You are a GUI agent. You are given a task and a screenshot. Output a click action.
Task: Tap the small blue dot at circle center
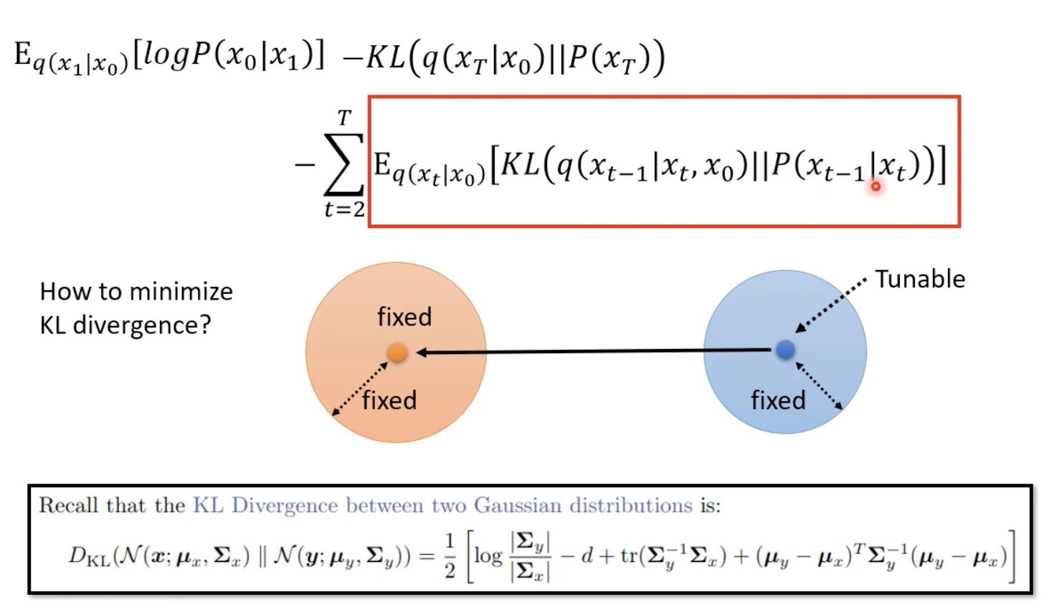coord(786,350)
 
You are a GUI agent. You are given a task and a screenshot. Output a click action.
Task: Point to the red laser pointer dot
coord(875,186)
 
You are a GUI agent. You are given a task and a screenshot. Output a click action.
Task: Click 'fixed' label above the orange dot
coord(404,316)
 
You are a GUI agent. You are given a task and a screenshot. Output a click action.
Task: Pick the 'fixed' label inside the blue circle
coord(779,399)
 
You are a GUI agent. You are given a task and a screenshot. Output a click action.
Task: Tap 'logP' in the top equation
coord(176,56)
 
